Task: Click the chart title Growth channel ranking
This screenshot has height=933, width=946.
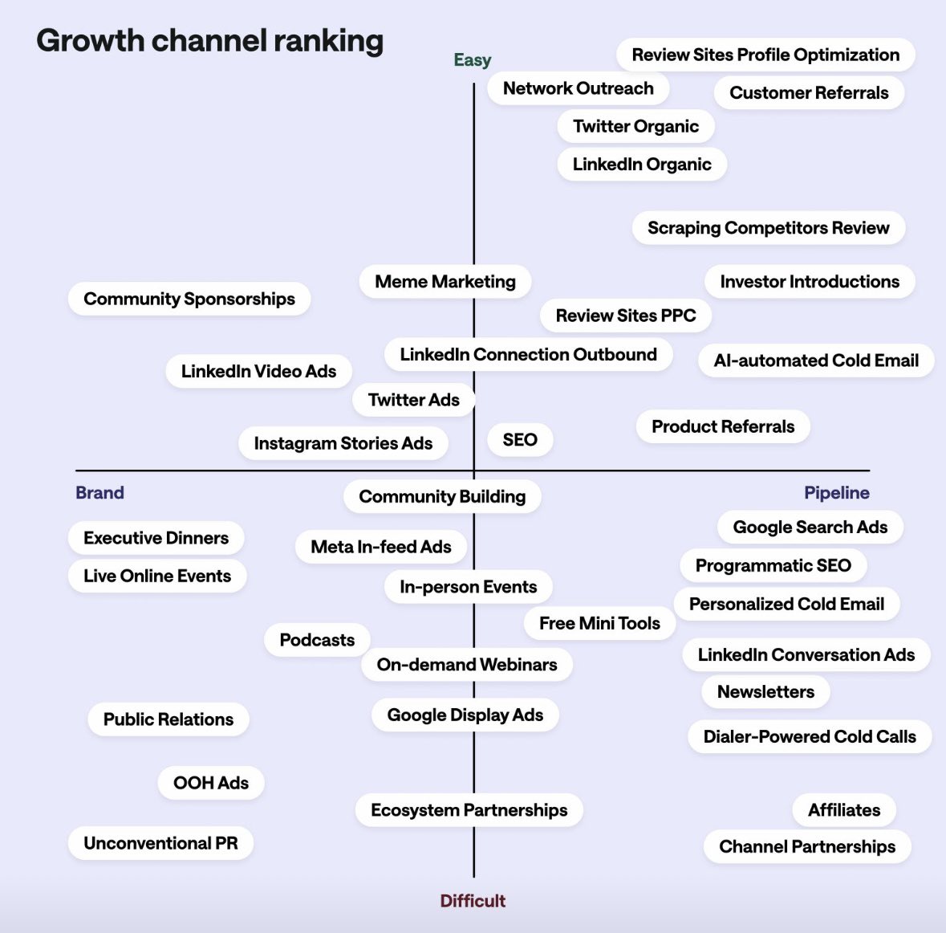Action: click(x=210, y=41)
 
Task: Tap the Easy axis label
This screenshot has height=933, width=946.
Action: click(x=472, y=60)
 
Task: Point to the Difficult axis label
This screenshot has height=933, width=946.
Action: click(x=473, y=901)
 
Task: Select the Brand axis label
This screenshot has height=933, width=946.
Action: click(x=99, y=493)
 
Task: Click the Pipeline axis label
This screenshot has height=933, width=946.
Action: click(x=836, y=493)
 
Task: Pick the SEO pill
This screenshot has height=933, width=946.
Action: click(x=520, y=440)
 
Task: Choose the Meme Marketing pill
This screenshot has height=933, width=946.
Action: click(x=445, y=282)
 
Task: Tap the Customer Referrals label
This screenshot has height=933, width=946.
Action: click(x=809, y=93)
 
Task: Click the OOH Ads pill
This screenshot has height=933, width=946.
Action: click(x=211, y=783)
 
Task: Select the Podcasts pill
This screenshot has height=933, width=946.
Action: click(x=317, y=640)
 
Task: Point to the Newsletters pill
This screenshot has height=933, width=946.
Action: click(x=765, y=692)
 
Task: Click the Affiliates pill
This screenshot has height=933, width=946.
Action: click(x=844, y=810)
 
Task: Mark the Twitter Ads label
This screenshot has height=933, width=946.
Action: click(x=414, y=400)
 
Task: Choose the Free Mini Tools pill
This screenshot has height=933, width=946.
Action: click(x=599, y=623)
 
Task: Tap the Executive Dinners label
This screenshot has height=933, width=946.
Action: click(x=156, y=538)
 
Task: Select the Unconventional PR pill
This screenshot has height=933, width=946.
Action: click(x=160, y=843)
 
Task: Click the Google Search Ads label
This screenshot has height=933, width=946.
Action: click(x=810, y=528)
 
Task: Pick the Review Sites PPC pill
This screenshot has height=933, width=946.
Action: click(x=626, y=316)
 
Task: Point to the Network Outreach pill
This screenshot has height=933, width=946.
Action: click(x=578, y=88)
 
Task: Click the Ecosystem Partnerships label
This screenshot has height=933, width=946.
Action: click(x=469, y=810)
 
